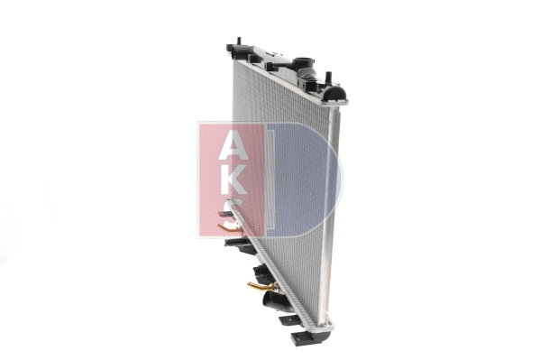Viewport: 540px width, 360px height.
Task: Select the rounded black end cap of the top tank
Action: click(x=338, y=93)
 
